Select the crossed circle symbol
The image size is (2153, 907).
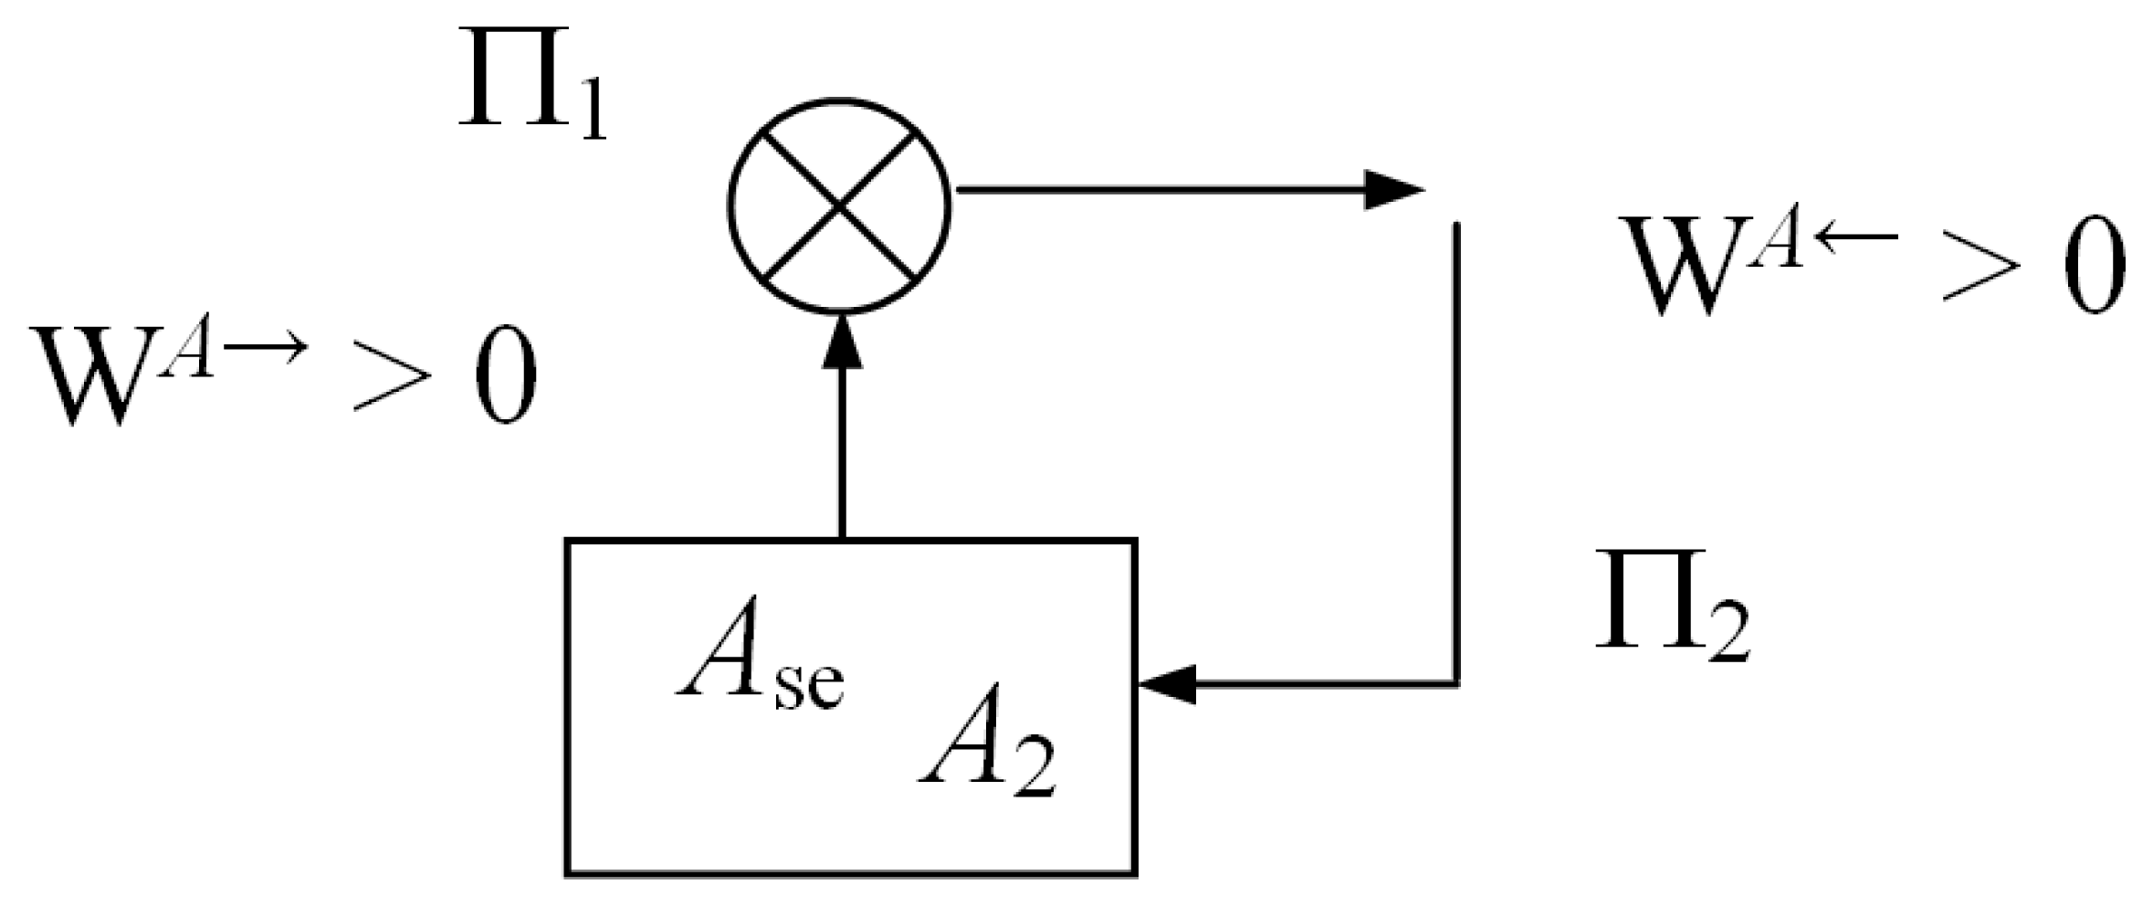(x=840, y=205)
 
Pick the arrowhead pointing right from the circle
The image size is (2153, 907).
(x=1392, y=190)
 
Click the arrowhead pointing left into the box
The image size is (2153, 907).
(x=1169, y=684)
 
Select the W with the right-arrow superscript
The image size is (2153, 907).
(x=91, y=374)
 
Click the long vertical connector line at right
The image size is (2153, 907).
(x=1456, y=457)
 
